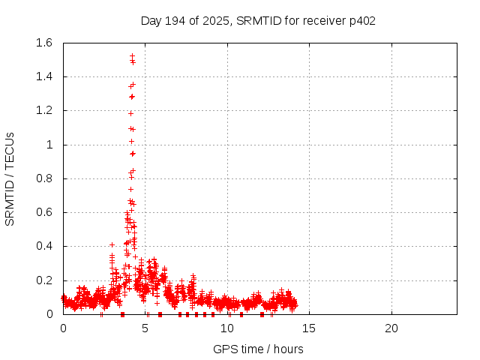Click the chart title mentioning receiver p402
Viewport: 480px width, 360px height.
258,20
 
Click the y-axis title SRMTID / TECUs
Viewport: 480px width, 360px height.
10,178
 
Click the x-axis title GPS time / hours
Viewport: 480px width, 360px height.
258,349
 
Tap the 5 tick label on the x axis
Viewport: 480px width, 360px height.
145,328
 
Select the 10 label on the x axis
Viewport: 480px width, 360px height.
227,328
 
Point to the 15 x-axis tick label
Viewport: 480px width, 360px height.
309,328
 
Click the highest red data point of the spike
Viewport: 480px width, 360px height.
132,55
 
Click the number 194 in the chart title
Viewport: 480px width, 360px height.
178,20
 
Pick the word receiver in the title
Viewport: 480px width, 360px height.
324,20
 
